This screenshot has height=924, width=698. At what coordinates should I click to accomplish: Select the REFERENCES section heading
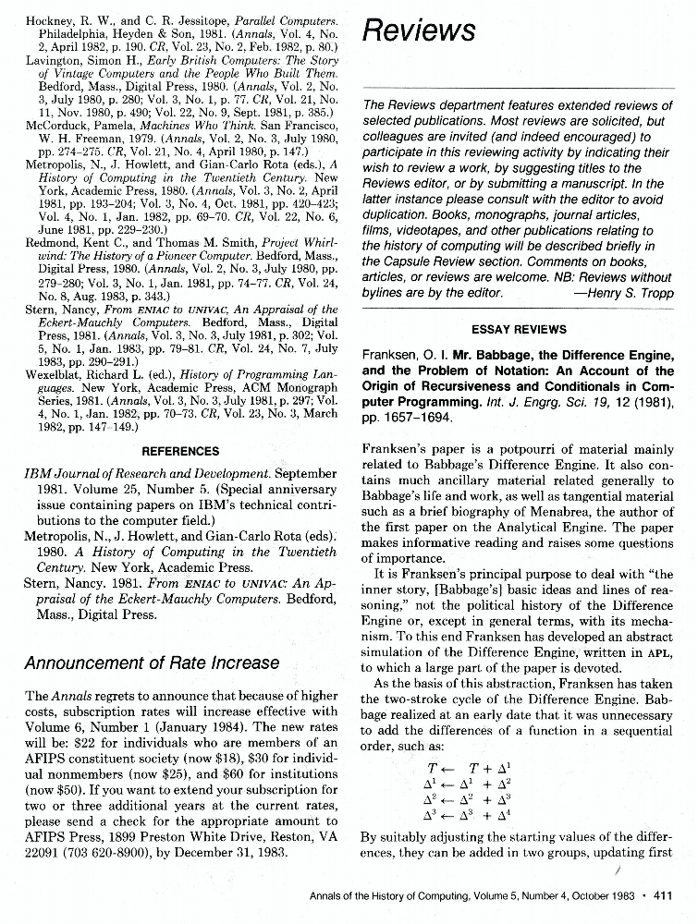181,451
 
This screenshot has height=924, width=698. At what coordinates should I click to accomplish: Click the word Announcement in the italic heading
83,663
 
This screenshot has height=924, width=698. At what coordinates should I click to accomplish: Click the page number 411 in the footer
662,894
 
